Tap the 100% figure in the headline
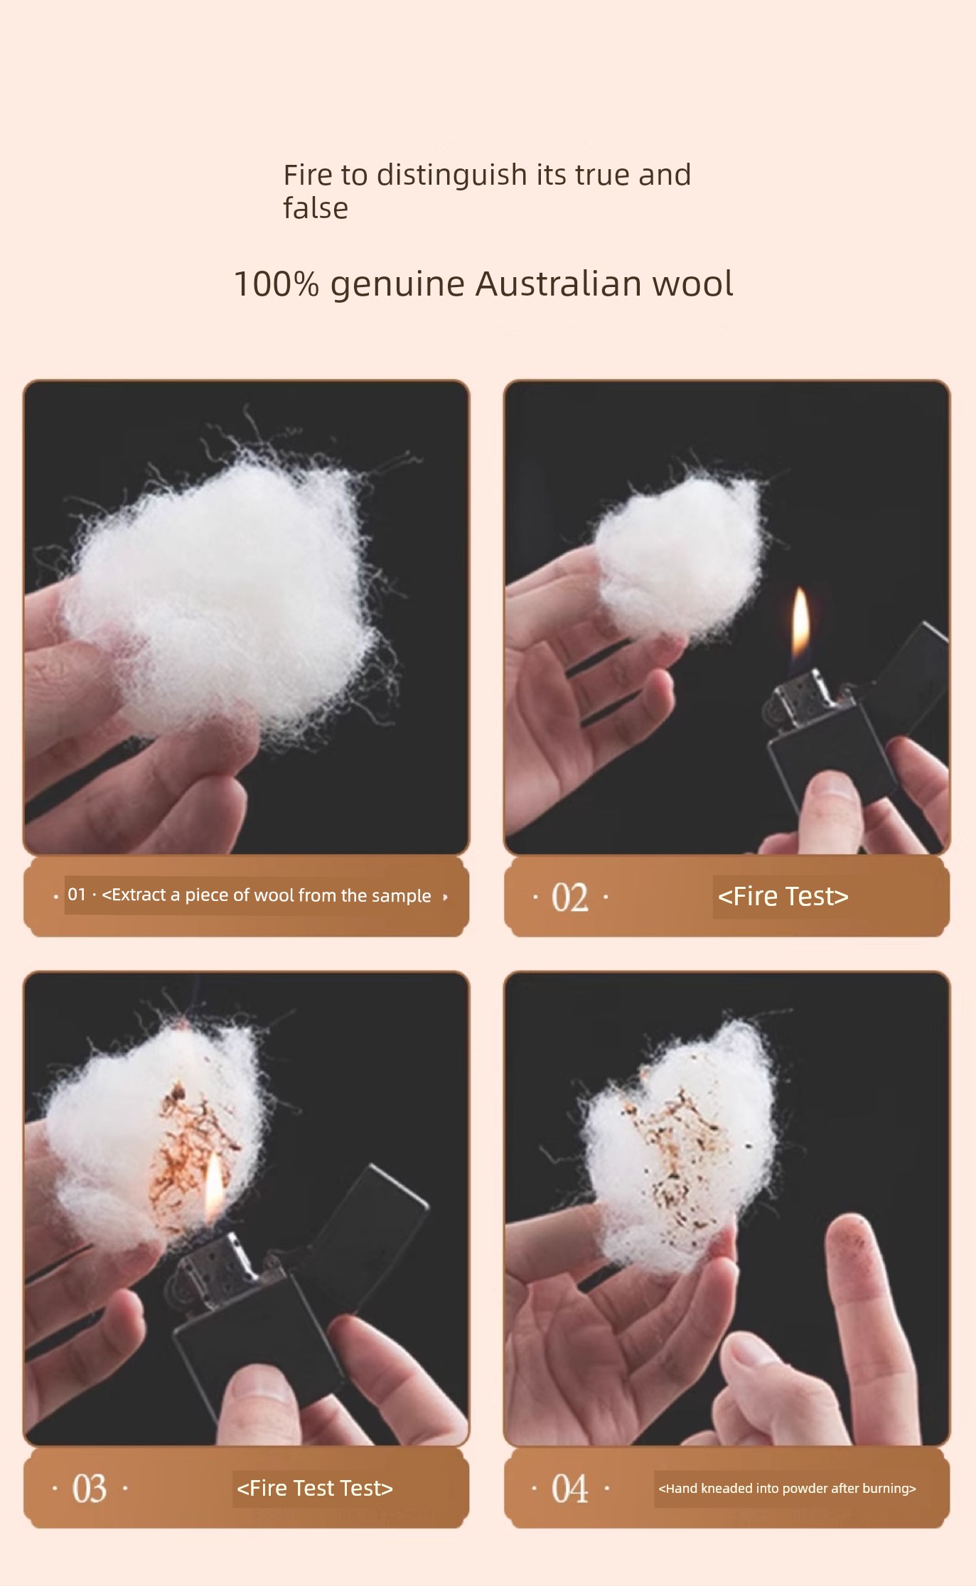[x=276, y=284]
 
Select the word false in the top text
[x=316, y=208]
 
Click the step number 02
[x=570, y=897]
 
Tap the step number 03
[x=90, y=1489]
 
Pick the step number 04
[x=570, y=1489]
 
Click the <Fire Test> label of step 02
[x=783, y=897]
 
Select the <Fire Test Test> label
[x=315, y=1488]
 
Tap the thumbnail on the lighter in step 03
[x=245, y=1389]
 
